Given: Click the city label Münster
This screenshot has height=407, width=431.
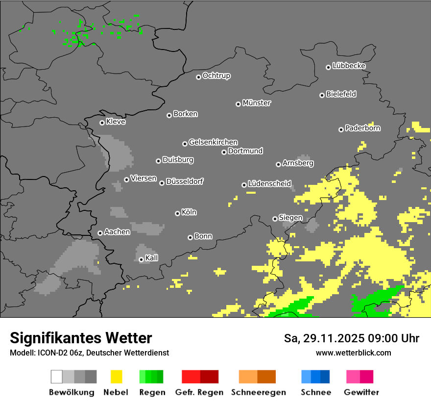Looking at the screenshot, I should click(257, 103).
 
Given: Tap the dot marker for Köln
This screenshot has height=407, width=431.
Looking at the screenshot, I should click(177, 213).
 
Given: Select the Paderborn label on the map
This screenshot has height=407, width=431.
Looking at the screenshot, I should click(363, 128).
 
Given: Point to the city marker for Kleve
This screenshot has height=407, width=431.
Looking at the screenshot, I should click(102, 123).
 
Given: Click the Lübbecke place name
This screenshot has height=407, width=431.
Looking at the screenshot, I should click(349, 66).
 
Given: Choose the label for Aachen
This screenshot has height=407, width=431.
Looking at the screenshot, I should click(117, 232).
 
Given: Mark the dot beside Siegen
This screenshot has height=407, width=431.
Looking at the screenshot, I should click(275, 219).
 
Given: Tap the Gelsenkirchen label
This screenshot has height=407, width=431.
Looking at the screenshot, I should click(213, 142).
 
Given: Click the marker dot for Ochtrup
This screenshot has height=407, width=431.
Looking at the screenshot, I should click(198, 76).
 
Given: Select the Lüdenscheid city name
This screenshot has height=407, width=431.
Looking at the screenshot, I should click(269, 184).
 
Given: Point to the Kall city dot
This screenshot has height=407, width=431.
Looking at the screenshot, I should click(141, 259).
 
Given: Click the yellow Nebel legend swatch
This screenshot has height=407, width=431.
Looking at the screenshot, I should click(116, 377).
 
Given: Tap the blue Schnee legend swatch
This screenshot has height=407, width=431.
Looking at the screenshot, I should click(315, 377).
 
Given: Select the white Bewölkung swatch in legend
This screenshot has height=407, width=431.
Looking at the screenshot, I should click(57, 377).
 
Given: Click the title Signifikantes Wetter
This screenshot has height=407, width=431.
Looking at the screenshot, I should click(81, 338).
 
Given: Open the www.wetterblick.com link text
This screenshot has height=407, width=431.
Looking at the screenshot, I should click(353, 353).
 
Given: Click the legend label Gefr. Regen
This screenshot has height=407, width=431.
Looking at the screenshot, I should click(199, 392).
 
